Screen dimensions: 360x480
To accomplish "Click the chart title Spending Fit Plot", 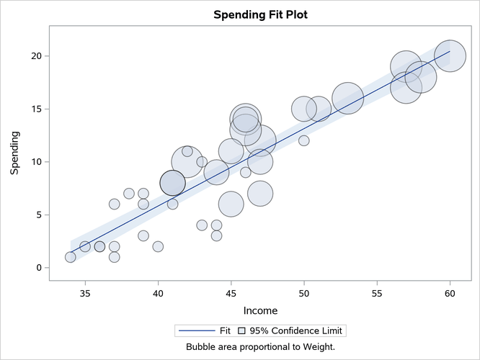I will pos(260,14).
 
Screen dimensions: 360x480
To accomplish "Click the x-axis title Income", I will pos(260,310).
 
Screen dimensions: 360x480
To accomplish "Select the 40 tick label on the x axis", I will pos(158,294).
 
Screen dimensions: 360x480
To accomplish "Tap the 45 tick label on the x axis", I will pos(231,294).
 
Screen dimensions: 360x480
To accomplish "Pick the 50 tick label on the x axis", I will pos(303,294).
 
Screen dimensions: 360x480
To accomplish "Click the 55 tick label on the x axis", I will pos(377,294).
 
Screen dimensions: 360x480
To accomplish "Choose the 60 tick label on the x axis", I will pos(450,294).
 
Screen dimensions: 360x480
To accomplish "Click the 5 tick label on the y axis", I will pos(44,215).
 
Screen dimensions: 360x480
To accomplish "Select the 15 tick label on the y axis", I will pos(41,109).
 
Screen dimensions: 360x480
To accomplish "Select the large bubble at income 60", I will pos(450,56).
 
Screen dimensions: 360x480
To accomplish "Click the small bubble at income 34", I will pos(70,257).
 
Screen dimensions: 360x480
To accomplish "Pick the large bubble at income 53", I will pos(347,98).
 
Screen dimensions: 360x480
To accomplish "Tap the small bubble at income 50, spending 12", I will pos(303,140).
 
